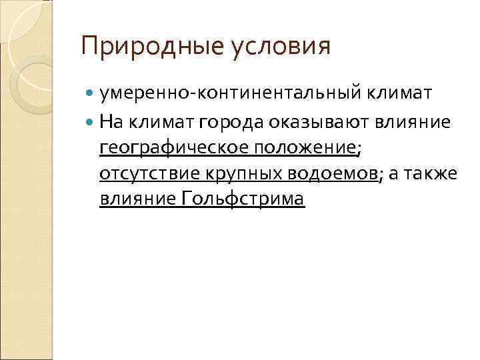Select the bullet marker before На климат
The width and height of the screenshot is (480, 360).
[x=90, y=121]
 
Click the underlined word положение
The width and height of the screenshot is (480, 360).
[x=300, y=147]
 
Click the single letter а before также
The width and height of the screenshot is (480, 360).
[x=393, y=173]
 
